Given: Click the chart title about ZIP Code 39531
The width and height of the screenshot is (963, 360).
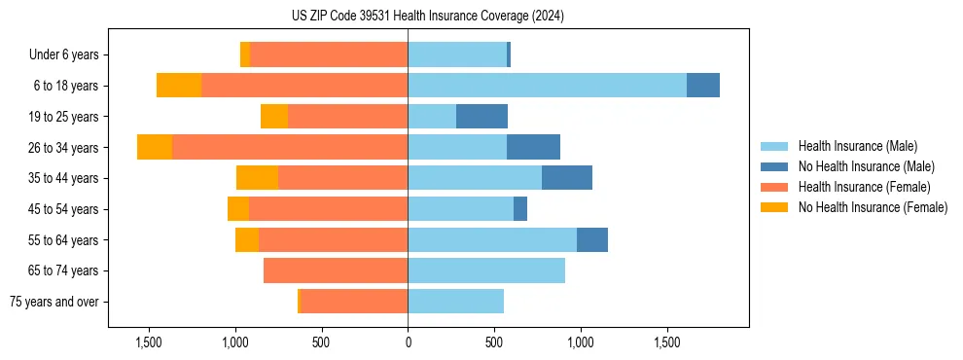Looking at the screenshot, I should (481, 16).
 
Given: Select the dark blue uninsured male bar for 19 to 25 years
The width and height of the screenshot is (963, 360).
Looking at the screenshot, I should (481, 116).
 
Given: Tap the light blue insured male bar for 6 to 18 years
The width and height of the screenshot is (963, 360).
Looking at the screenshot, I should (547, 86).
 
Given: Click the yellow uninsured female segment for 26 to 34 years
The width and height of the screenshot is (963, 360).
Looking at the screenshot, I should (155, 147).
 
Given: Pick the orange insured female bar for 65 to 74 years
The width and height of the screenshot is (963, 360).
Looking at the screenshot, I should (336, 270).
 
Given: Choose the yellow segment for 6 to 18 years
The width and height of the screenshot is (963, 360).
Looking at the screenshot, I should (179, 86).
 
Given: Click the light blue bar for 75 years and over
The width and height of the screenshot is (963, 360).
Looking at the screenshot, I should (455, 302).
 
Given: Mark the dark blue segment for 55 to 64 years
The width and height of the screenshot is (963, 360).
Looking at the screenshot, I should (592, 239).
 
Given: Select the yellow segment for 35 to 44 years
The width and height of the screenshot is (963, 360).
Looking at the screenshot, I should (257, 178).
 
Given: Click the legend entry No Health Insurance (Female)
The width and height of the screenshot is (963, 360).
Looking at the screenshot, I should (873, 207).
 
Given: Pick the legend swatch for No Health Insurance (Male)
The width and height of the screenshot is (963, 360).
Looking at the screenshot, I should (775, 166).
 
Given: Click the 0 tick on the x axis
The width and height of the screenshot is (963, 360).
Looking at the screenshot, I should (408, 342).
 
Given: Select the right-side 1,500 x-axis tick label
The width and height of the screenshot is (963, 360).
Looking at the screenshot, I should (667, 342).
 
